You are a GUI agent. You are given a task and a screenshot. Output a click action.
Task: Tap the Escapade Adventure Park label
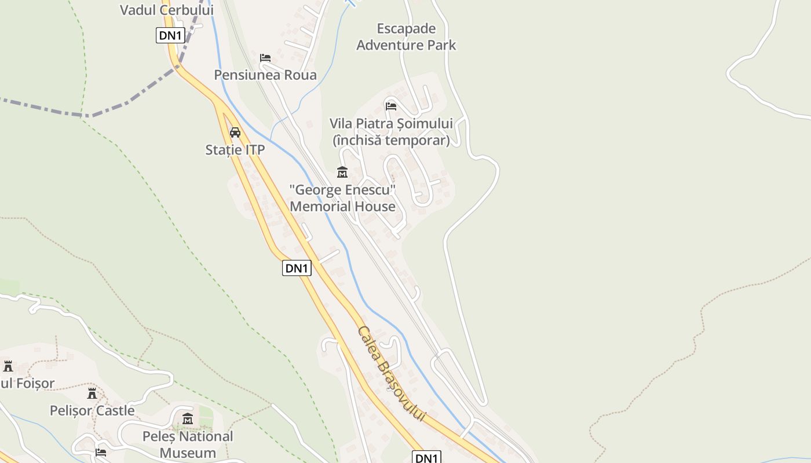point(406,36)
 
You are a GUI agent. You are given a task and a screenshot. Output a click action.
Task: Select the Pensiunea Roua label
point(265,75)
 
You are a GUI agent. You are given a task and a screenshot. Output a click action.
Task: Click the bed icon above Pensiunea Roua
point(265,58)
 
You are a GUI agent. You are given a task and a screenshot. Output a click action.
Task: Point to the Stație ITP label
point(235,150)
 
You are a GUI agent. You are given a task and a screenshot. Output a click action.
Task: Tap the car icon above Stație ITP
point(235,133)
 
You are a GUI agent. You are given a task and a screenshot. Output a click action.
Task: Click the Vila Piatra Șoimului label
point(391,123)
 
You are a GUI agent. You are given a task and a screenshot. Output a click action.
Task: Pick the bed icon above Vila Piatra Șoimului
point(391,106)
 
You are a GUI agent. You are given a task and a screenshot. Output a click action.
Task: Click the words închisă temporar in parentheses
point(391,141)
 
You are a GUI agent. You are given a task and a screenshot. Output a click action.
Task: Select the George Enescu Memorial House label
point(342,198)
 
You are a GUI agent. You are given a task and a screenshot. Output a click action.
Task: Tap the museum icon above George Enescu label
point(342,172)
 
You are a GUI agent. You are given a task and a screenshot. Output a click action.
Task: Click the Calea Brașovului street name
point(391,373)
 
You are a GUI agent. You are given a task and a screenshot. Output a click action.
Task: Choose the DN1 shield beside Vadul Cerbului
point(170,35)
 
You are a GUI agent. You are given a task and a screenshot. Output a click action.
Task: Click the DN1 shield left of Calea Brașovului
point(297,268)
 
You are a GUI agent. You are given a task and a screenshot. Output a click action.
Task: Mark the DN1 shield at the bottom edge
point(426,458)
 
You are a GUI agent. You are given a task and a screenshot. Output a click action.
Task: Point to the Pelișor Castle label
point(92,411)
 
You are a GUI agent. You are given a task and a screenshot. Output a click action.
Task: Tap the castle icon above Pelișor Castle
point(92,394)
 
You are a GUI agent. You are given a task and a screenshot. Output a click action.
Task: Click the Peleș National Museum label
point(188,444)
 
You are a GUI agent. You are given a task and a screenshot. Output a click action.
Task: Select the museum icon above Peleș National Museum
point(188,419)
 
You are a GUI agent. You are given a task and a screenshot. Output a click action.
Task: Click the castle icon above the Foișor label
point(8,366)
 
